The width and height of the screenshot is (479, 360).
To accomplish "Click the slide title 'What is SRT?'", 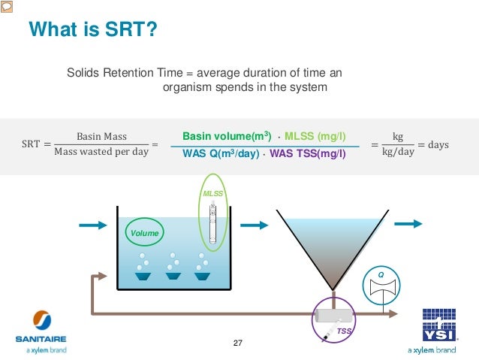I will click(x=92, y=29).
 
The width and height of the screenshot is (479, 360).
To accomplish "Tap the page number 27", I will click(x=239, y=343).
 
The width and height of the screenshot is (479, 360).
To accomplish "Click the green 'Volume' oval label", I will click(x=144, y=233).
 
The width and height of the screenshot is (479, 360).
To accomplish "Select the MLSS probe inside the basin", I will click(x=213, y=222).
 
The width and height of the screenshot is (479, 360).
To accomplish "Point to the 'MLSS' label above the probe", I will click(x=213, y=194).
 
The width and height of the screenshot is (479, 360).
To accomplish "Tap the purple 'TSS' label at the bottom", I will click(x=343, y=331).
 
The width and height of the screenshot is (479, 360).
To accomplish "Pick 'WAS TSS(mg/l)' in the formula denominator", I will click(x=307, y=155).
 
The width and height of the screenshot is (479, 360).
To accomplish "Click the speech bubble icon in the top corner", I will click(x=7, y=6).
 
